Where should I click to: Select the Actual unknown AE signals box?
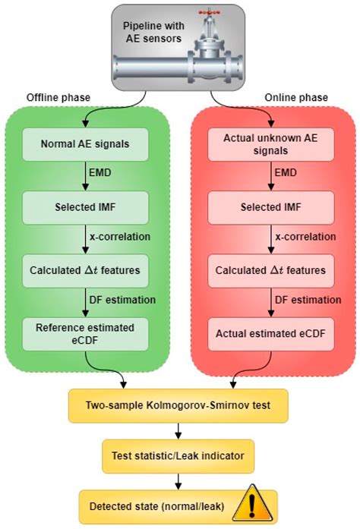270,144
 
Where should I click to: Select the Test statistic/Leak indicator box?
178,455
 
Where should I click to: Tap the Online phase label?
295,99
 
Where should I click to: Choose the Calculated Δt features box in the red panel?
270,270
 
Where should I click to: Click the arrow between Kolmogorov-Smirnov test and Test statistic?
178,431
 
